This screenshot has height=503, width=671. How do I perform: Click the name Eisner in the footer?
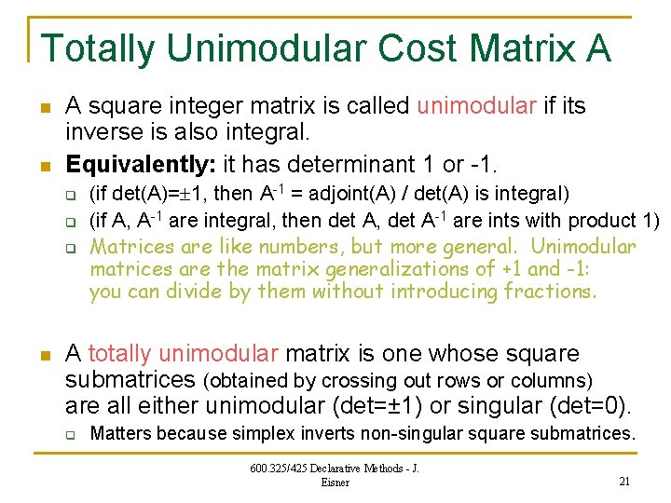335,483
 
